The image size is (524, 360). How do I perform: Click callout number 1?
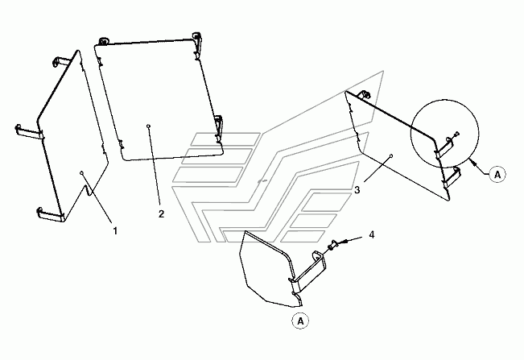click(115, 231)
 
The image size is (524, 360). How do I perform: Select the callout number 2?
click(161, 214)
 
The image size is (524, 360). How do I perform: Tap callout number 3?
click(357, 190)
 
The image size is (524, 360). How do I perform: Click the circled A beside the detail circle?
click(497, 173)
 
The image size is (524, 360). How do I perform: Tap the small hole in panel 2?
click(150, 126)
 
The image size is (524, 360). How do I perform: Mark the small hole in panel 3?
click(391, 155)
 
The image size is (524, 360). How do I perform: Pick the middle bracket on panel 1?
click(27, 131)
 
